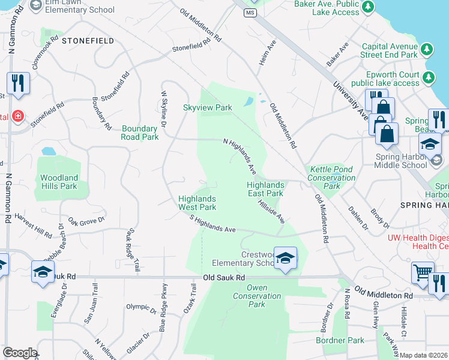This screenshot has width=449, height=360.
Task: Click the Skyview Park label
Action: tap(207, 108)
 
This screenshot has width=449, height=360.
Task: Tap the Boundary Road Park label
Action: tap(140, 133)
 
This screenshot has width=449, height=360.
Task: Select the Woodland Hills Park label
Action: tap(59, 182)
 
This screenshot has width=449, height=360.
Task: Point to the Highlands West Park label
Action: tap(197, 203)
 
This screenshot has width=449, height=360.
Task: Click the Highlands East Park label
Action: tap(265, 190)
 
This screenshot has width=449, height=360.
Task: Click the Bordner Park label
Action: tap(340, 340)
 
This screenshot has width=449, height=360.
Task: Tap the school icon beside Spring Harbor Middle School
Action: tap(430, 144)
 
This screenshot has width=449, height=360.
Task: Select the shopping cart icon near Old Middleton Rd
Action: tap(423, 273)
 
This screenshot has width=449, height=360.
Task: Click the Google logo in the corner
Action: tap(20, 353)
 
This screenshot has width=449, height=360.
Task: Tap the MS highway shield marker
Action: tap(250, 13)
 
